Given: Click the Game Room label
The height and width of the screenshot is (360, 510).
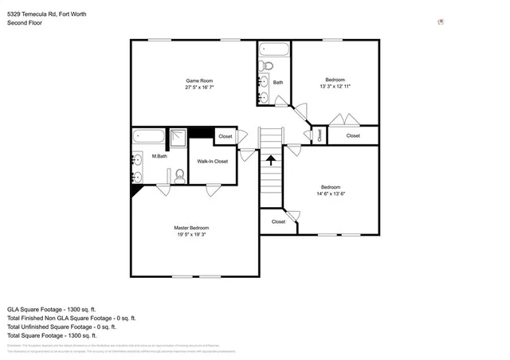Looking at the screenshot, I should tap(199, 80).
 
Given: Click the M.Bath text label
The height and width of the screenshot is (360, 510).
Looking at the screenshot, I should tap(159, 156).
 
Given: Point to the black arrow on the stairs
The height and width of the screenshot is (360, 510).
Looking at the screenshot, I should tap(271, 159).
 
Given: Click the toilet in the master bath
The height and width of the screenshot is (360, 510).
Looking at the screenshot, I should tap(180, 174).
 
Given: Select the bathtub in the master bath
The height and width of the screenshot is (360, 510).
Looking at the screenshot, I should tap(149, 135).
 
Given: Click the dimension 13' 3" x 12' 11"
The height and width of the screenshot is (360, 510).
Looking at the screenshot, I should tap(335, 86).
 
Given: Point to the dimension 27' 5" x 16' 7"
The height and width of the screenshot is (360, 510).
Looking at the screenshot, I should tap(199, 87).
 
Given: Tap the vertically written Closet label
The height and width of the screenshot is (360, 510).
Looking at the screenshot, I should tap(320, 135).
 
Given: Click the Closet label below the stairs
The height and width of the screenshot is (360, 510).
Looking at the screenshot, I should tap(278, 222).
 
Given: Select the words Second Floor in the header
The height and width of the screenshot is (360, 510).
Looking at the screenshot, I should tap(25, 23).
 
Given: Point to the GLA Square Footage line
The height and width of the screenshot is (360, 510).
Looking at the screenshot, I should tap(51, 308).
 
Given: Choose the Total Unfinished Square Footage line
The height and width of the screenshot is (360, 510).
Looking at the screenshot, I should tap(61, 326).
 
